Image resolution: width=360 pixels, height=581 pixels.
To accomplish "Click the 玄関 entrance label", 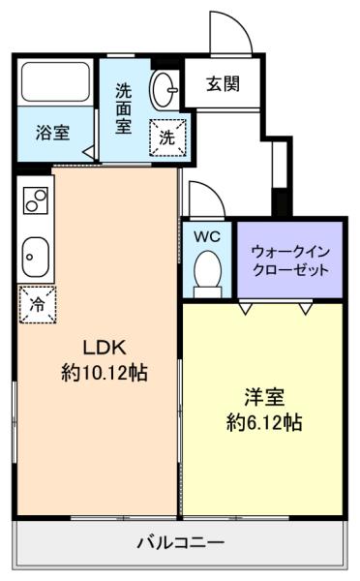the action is click(x=223, y=84).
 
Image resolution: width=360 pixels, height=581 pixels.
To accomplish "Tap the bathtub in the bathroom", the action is click(x=55, y=82).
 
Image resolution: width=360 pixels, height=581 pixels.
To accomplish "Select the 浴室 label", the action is click(x=53, y=133).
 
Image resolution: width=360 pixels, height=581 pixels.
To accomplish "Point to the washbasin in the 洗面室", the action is click(x=164, y=89).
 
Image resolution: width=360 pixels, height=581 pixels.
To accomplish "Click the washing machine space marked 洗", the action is click(x=167, y=138).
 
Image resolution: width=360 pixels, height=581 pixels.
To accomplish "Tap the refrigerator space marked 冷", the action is click(x=38, y=305).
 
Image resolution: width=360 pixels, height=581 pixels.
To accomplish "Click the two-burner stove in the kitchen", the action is click(x=36, y=200).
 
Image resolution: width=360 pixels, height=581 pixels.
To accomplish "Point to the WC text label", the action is click(x=207, y=236).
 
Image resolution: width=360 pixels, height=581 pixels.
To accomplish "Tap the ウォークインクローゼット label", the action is click(x=290, y=260).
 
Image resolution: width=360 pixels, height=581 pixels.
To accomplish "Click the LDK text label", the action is click(x=105, y=348).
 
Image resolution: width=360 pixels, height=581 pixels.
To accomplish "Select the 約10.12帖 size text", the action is click(x=105, y=373).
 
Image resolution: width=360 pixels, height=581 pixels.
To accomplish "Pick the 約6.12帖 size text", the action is click(x=264, y=422).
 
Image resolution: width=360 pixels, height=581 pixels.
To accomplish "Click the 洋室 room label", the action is click(x=264, y=397).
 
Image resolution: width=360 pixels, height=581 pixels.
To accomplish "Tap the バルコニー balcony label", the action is click(x=180, y=543).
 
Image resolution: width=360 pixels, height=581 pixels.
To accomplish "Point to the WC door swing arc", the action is click(x=214, y=190).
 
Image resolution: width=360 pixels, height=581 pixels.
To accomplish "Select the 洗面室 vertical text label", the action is click(x=123, y=108).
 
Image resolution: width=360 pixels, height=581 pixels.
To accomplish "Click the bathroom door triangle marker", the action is click(x=88, y=152).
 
